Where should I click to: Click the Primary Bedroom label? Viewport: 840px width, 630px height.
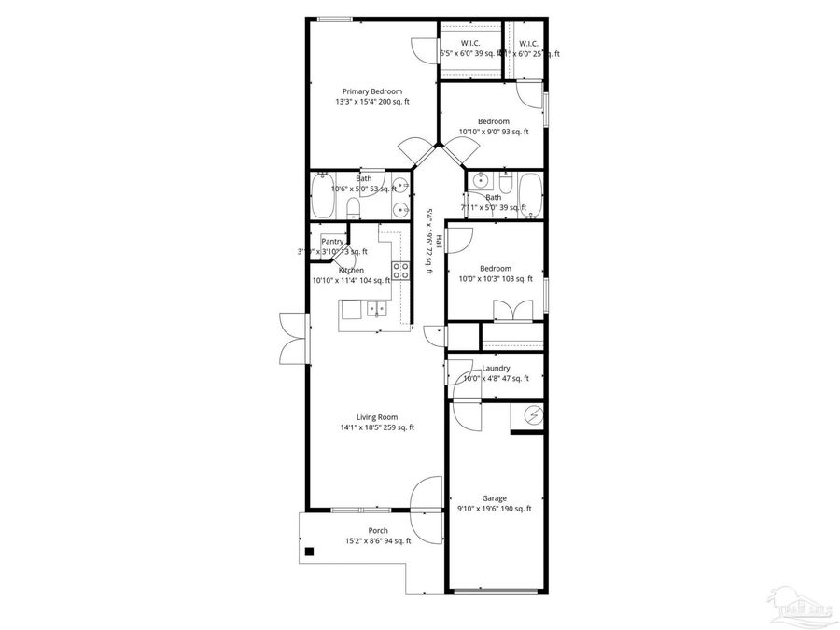372,91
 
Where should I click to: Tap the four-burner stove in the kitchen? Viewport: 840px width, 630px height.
400,272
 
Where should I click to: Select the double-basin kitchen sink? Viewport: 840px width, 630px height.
377,308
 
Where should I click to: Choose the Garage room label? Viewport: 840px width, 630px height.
494,498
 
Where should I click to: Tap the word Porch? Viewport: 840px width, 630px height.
378,531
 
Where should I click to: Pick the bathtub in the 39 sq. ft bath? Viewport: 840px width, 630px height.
529,195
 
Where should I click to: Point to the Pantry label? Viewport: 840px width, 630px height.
332,241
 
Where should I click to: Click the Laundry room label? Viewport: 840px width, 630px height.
496,368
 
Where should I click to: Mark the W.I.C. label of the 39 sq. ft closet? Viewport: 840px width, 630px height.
470,43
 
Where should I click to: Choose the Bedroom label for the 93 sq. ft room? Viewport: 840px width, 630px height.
494,121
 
